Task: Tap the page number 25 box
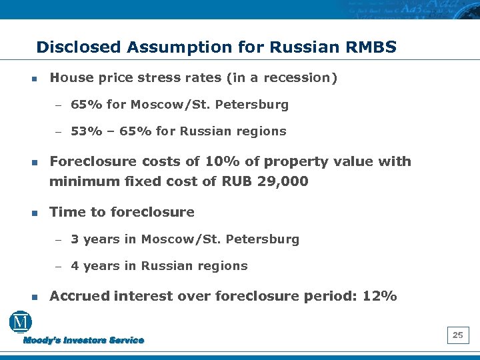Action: click(458, 335)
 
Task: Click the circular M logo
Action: click(21, 323)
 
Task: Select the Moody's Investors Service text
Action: click(83, 341)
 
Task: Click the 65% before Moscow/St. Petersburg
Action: click(83, 105)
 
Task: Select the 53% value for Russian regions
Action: click(83, 131)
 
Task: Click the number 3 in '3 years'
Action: click(75, 239)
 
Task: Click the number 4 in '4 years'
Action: click(75, 266)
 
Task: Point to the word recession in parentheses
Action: click(298, 78)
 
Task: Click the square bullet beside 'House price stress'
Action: click(33, 79)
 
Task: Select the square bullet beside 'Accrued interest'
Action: click(33, 297)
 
